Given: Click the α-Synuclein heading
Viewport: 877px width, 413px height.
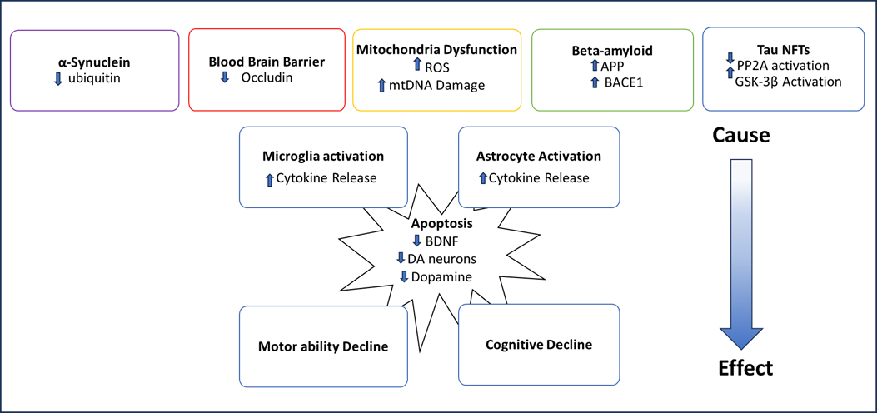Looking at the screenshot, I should pos(94,62).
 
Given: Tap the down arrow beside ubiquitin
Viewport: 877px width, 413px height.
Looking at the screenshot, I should pos(58,77).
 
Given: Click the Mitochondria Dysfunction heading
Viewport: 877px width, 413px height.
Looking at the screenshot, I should pos(436,50).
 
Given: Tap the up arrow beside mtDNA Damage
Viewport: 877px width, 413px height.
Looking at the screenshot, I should pos(382,84).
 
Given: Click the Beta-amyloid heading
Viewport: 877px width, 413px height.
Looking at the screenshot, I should pos(612,51).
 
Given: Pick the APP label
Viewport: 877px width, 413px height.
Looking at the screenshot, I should pos(612,67).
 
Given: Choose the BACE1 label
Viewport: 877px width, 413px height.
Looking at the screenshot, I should pos(617,83).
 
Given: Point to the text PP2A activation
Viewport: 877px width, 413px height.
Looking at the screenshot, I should pos(783,65).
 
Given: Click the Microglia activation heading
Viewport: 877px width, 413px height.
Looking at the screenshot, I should pos(322,157).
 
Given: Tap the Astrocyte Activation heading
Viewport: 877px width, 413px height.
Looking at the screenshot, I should pos(538,156).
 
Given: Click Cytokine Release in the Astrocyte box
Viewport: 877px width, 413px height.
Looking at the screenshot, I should pos(539,177).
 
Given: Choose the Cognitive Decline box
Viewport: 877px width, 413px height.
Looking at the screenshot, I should pos(538,344).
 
